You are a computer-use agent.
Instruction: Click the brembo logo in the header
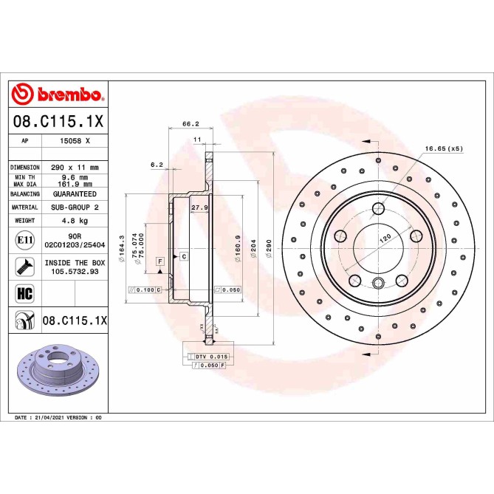click(58, 95)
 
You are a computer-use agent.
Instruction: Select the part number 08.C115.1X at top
click(58, 120)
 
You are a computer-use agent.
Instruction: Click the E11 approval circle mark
click(24, 240)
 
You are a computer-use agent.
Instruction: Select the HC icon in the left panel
click(24, 293)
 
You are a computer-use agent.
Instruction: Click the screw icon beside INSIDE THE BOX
click(24, 267)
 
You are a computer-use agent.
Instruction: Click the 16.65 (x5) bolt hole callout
click(443, 148)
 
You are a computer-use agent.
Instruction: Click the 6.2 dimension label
click(157, 165)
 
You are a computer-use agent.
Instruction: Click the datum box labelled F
click(159, 261)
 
